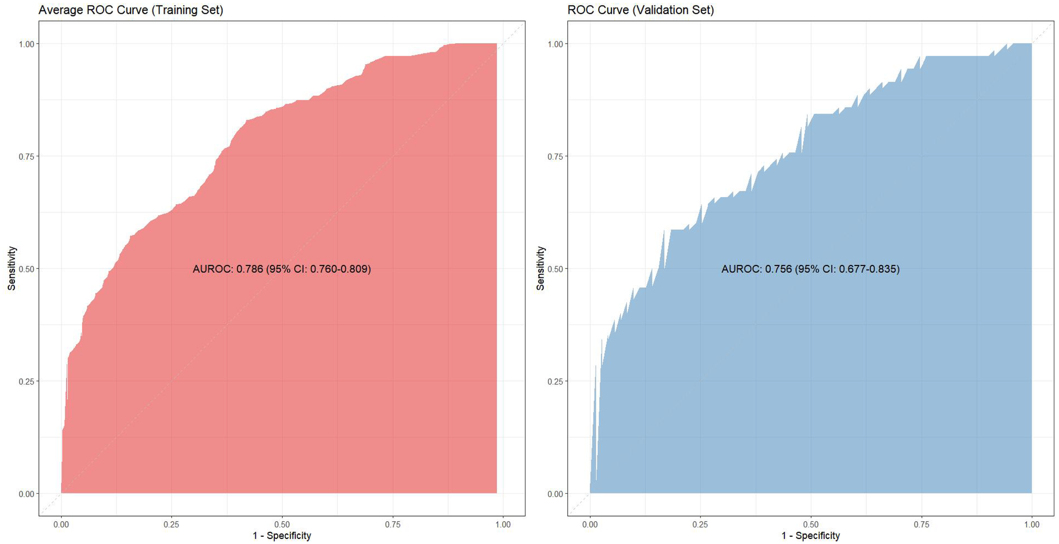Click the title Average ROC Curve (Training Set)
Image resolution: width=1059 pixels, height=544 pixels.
pyautogui.click(x=131, y=10)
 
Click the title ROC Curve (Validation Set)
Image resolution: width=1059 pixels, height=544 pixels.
pyautogui.click(x=640, y=10)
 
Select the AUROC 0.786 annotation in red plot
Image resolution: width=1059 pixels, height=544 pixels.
pyautogui.click(x=281, y=269)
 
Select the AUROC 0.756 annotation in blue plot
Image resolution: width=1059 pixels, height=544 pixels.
pyautogui.click(x=810, y=269)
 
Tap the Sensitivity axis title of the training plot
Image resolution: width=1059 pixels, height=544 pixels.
pyautogui.click(x=12, y=268)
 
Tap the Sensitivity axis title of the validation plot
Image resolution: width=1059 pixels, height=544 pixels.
pyautogui.click(x=540, y=268)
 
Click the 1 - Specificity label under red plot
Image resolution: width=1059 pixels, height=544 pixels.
pyautogui.click(x=281, y=536)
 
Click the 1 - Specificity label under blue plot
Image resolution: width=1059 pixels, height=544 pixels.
pyautogui.click(x=810, y=536)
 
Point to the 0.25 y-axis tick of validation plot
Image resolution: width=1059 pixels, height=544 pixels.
pyautogui.click(x=554, y=381)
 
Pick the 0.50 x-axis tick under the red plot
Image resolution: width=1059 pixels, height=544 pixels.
pyautogui.click(x=282, y=524)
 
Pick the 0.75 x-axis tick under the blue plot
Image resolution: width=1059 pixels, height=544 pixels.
pyautogui.click(x=921, y=524)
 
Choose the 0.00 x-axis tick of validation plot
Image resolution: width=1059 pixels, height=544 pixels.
pyautogui.click(x=590, y=524)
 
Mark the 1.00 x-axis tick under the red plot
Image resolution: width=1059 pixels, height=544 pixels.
pyautogui.click(x=503, y=524)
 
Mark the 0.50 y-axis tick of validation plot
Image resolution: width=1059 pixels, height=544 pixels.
pyautogui.click(x=554, y=269)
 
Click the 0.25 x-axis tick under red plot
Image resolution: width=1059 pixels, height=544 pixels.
pyautogui.click(x=172, y=524)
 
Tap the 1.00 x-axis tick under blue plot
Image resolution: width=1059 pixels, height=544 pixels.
pyautogui.click(x=1032, y=524)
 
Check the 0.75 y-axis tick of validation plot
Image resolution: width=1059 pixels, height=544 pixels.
pyautogui.click(x=554, y=156)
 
